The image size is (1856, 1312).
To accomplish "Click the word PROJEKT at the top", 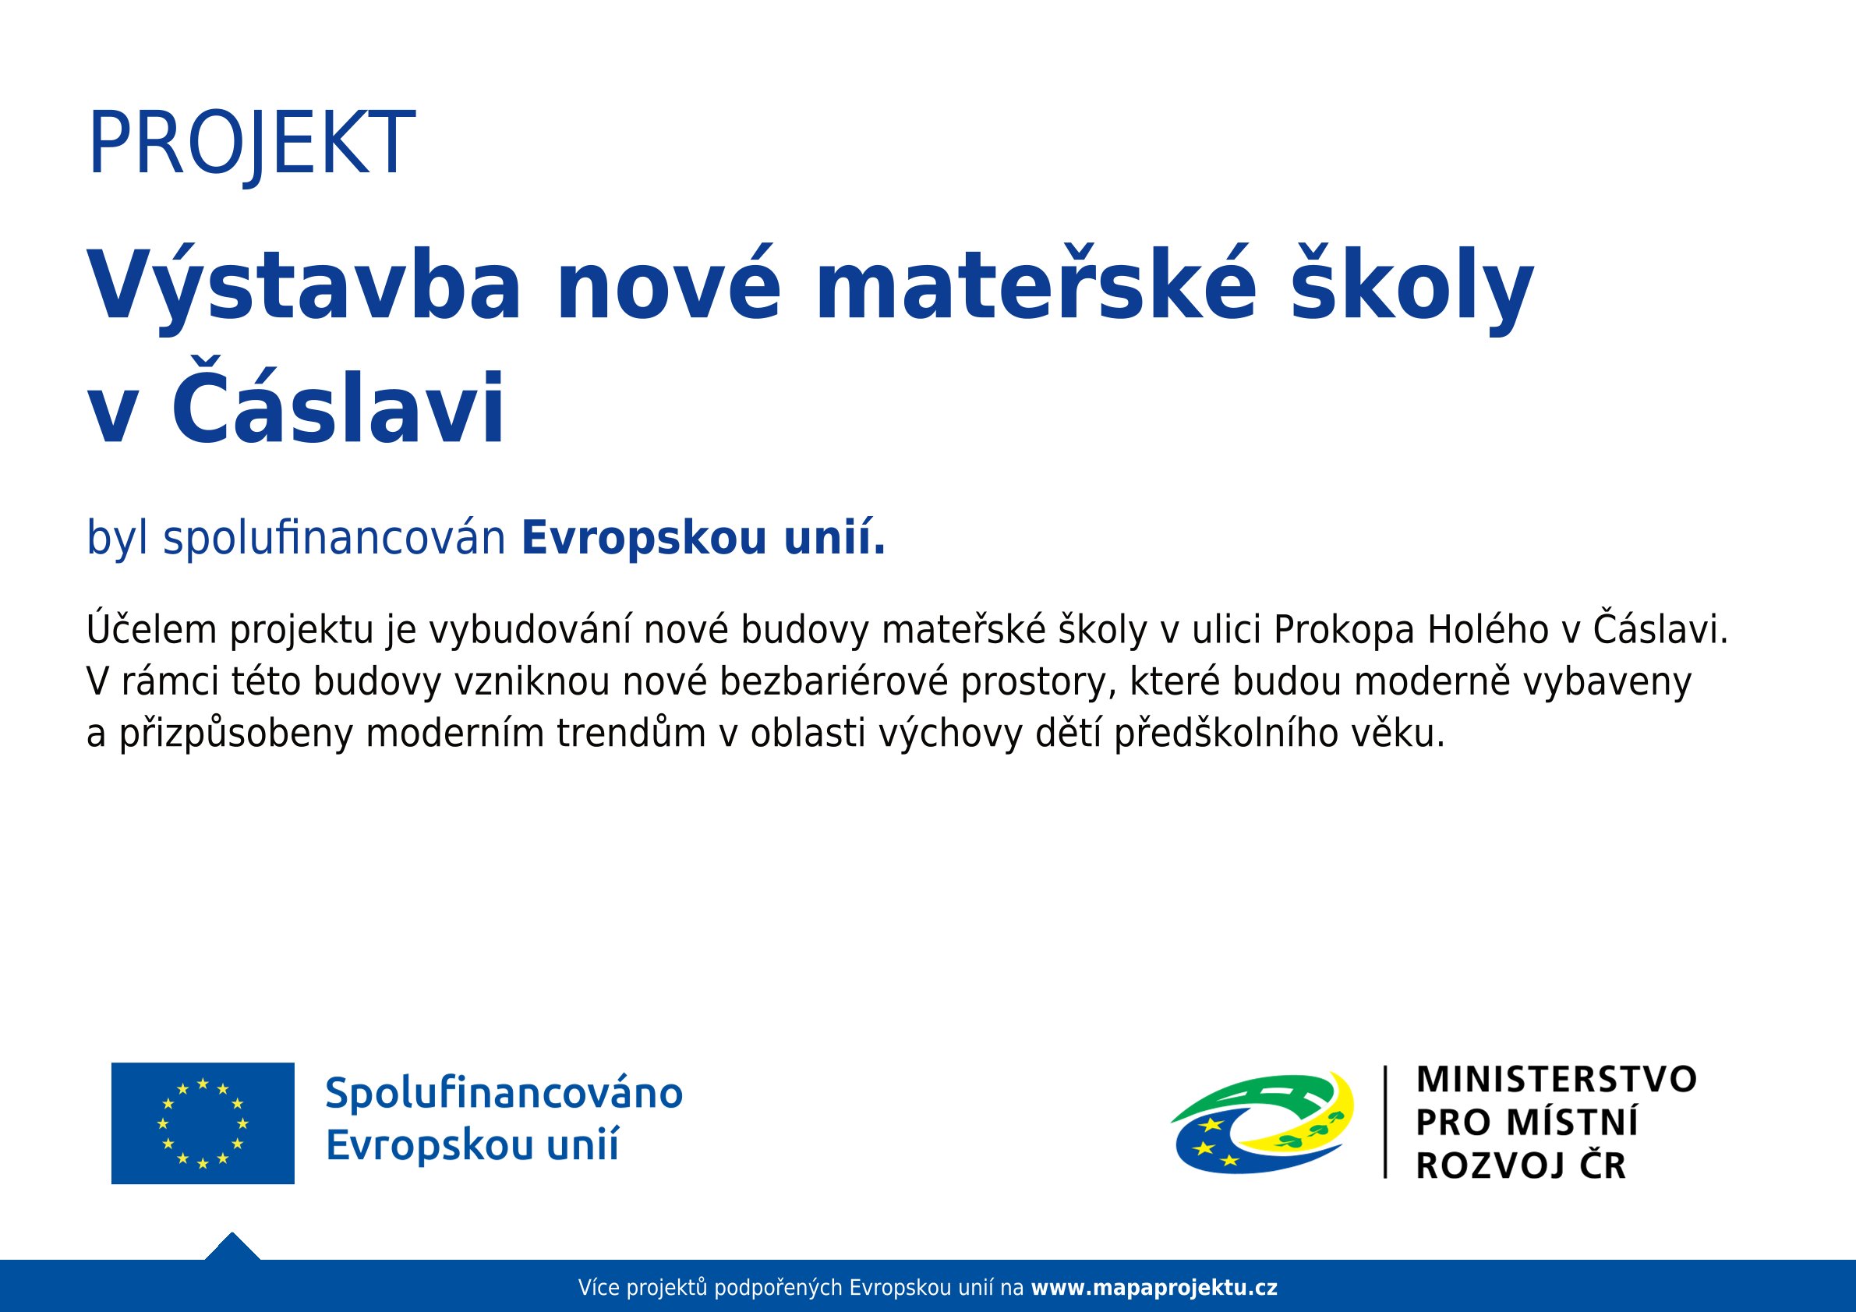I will click(252, 144).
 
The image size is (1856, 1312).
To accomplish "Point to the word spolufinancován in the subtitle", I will click(334, 538).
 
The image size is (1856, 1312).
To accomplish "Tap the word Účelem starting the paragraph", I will click(151, 630).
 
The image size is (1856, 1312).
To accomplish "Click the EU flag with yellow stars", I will click(203, 1123).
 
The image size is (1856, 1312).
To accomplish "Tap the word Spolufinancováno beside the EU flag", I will click(504, 1093).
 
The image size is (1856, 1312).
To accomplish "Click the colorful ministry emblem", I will click(1262, 1123).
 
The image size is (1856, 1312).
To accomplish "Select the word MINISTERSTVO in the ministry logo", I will click(1556, 1080).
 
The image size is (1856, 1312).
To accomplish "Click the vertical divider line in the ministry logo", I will click(1385, 1123).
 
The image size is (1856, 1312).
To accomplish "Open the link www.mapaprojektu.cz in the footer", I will click(1154, 1287).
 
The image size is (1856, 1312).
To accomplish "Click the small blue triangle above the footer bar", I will click(232, 1248).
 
